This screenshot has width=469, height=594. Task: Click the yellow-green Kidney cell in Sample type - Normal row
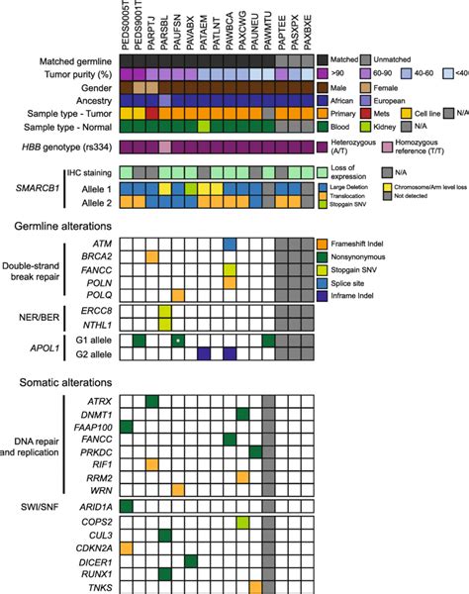(x=204, y=126)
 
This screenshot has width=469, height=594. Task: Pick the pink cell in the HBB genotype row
(x=165, y=147)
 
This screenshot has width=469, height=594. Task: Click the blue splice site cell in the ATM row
(x=230, y=243)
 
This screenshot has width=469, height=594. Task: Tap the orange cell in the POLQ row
(x=178, y=294)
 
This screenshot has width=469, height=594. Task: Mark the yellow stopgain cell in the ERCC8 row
(x=165, y=316)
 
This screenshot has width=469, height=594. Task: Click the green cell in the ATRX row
(x=152, y=400)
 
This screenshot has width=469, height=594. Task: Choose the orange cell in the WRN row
(x=178, y=488)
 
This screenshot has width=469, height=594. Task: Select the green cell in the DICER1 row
(x=191, y=560)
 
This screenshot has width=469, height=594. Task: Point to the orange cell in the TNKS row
(x=255, y=586)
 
